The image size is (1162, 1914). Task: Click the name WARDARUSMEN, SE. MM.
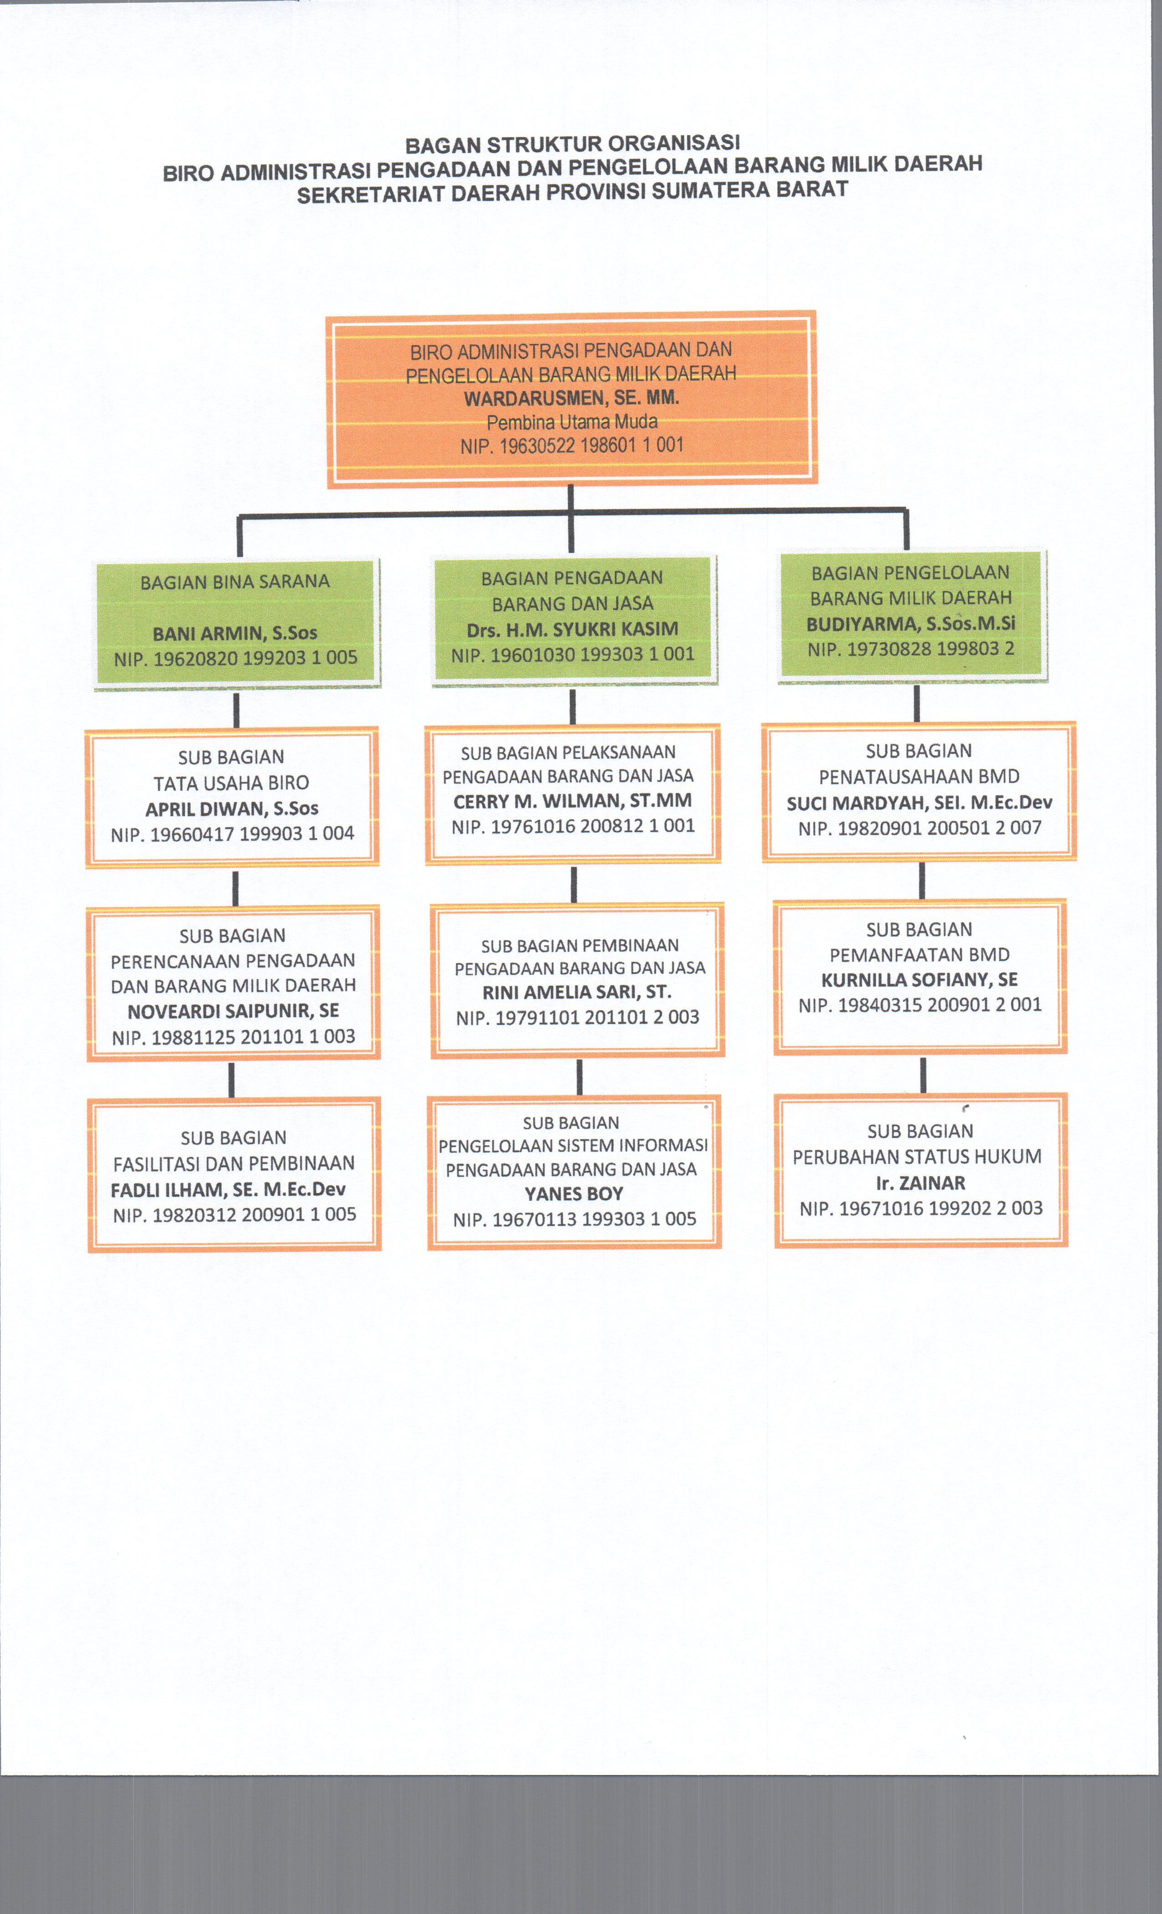(572, 398)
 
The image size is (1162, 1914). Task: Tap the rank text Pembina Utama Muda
(572, 422)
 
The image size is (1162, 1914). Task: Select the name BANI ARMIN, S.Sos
(235, 633)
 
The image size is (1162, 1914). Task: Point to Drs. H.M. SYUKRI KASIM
(572, 629)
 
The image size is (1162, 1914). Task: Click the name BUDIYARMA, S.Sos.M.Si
(910, 624)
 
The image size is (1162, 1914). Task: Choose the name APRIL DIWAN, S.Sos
(231, 808)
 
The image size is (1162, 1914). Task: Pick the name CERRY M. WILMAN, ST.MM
(572, 801)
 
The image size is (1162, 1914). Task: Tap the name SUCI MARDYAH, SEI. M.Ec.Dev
(919, 803)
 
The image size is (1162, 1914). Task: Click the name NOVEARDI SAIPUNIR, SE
(233, 1011)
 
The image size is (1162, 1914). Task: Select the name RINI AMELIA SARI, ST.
(577, 992)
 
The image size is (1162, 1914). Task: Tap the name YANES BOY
(573, 1194)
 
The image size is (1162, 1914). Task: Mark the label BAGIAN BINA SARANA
(235, 582)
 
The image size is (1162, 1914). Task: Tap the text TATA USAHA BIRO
(231, 783)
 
